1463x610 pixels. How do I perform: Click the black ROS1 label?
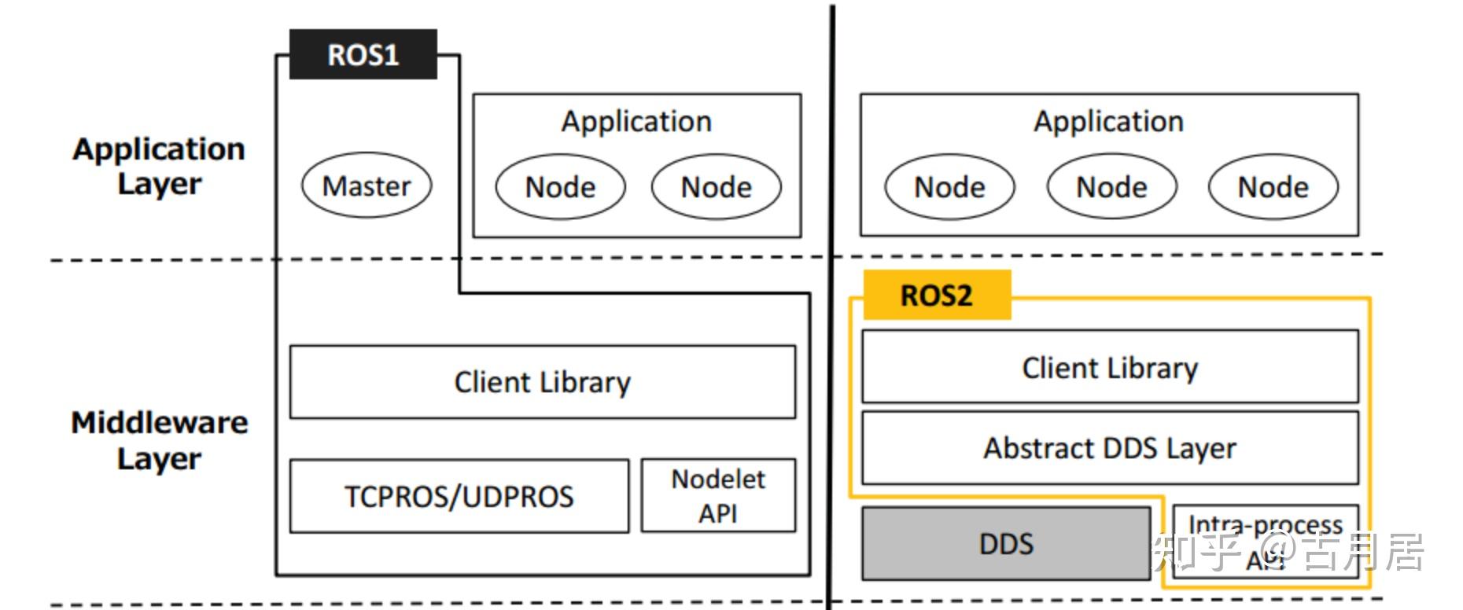[363, 55]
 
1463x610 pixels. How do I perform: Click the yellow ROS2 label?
[936, 296]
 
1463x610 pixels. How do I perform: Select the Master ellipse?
[367, 186]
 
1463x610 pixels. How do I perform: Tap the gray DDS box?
[1006, 544]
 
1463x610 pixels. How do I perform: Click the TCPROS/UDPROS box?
[459, 497]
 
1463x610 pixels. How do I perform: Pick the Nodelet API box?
[717, 496]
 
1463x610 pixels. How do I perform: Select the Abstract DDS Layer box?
[1109, 448]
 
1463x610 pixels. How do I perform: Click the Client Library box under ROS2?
[1109, 368]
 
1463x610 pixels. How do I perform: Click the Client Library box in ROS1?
[542, 382]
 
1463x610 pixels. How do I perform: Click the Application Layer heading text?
[159, 166]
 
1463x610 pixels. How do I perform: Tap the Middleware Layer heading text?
[159, 440]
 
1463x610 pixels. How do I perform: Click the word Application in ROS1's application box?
[636, 122]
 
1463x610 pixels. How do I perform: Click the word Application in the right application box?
[1108, 122]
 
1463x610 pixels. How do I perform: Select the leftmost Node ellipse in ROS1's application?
[560, 187]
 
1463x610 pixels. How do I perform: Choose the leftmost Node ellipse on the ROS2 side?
[949, 187]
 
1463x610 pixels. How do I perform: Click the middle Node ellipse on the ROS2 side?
[1111, 187]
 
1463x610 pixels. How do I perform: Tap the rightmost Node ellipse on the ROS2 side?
[1273, 187]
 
